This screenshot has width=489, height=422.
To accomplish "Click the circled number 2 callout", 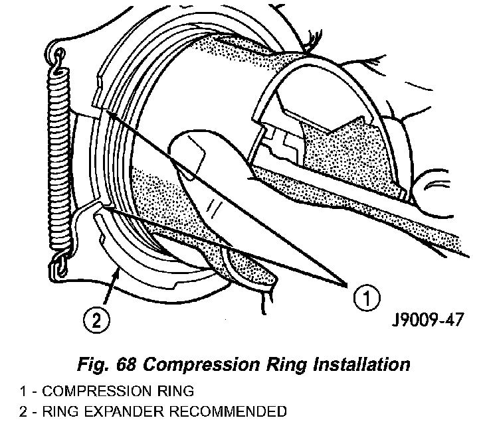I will [94, 320].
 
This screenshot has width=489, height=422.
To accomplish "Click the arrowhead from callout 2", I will [119, 269].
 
